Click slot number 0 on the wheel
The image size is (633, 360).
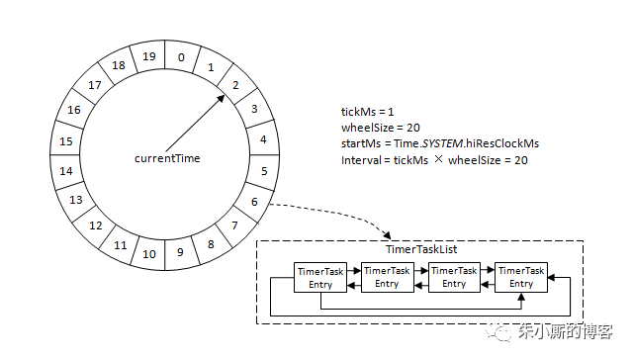tap(181, 57)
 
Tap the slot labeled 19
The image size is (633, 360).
tap(148, 56)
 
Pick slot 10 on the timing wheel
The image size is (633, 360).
tap(149, 254)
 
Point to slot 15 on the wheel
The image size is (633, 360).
tap(66, 141)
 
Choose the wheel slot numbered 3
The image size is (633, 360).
tap(254, 109)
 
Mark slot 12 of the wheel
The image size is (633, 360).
tap(96, 225)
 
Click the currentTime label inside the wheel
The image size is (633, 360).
tap(167, 158)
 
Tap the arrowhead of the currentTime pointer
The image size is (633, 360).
tap(221, 99)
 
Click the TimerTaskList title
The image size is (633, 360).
tap(421, 249)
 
